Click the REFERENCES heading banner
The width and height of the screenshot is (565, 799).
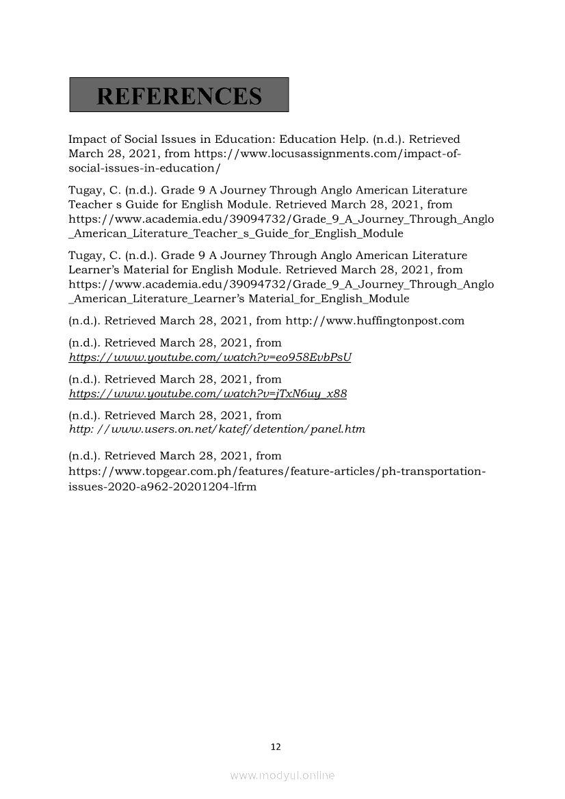click(x=179, y=95)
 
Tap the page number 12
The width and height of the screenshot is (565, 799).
click(x=276, y=747)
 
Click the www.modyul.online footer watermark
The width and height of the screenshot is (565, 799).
click(x=282, y=776)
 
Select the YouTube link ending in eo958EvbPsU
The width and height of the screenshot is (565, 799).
click(x=210, y=357)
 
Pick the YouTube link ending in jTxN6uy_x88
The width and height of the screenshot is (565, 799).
click(x=208, y=394)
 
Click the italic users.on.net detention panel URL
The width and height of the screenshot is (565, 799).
click(x=217, y=430)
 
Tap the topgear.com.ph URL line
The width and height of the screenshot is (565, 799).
click(x=277, y=472)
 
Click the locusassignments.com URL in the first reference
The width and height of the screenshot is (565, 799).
click(x=328, y=154)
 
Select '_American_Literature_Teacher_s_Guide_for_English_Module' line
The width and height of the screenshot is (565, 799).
click(x=236, y=234)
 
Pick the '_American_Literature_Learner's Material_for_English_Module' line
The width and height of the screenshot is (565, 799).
click(x=239, y=299)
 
